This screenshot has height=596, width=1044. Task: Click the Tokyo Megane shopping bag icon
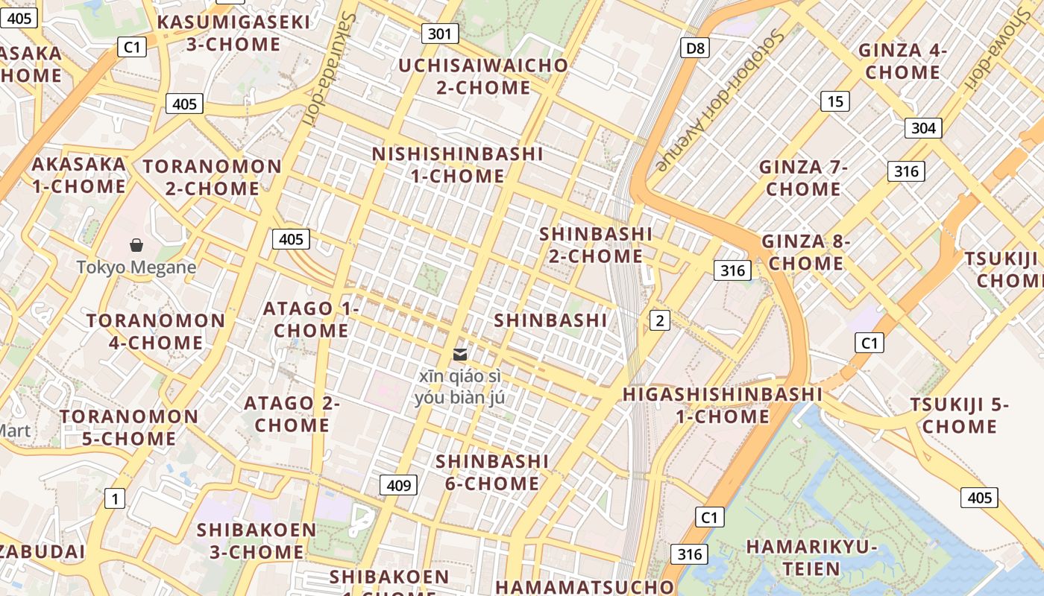tap(136, 245)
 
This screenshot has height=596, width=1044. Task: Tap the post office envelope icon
tap(460, 355)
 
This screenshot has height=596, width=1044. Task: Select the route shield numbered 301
tap(440, 34)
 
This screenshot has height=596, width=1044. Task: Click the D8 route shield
tap(694, 48)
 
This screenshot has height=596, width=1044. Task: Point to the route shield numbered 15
tap(834, 101)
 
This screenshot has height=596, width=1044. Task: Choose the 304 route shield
tap(923, 128)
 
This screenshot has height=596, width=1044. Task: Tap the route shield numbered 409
tap(399, 486)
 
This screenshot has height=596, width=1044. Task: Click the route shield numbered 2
tap(659, 321)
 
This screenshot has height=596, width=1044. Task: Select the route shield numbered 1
tap(114, 498)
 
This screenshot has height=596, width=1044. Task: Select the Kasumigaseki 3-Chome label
tap(233, 33)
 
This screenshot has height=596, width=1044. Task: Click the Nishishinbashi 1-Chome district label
tap(458, 165)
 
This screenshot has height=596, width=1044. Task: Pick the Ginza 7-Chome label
tap(803, 178)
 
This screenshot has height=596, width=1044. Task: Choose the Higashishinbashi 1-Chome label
tap(723, 405)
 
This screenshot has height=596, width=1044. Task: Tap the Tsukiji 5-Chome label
tap(959, 416)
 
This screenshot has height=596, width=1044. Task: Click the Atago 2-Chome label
tap(292, 414)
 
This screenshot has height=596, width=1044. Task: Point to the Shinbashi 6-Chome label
tap(492, 472)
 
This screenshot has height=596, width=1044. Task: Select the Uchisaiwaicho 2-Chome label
tap(483, 76)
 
